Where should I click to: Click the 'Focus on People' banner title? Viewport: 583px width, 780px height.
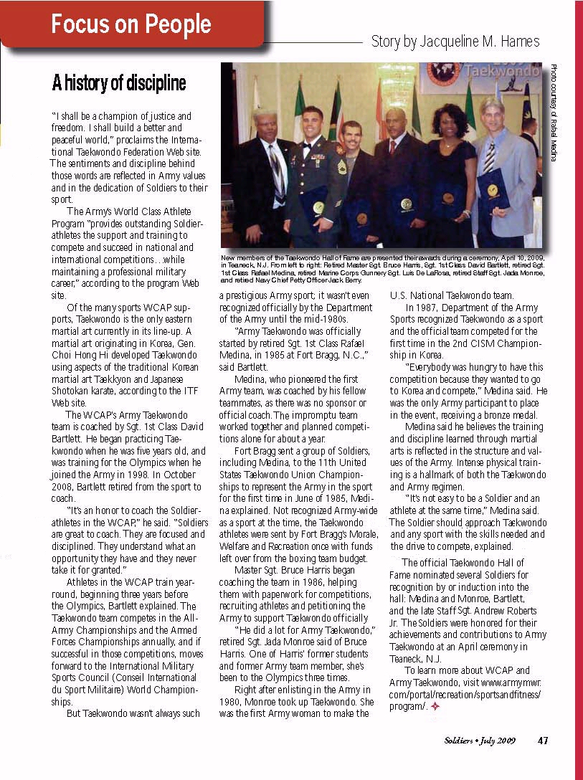(131, 24)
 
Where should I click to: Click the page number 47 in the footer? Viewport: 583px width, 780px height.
(543, 741)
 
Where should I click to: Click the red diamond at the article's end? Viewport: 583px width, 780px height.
(435, 706)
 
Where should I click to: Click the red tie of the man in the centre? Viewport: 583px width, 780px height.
(393, 147)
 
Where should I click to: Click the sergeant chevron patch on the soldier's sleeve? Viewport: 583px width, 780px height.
(341, 167)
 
